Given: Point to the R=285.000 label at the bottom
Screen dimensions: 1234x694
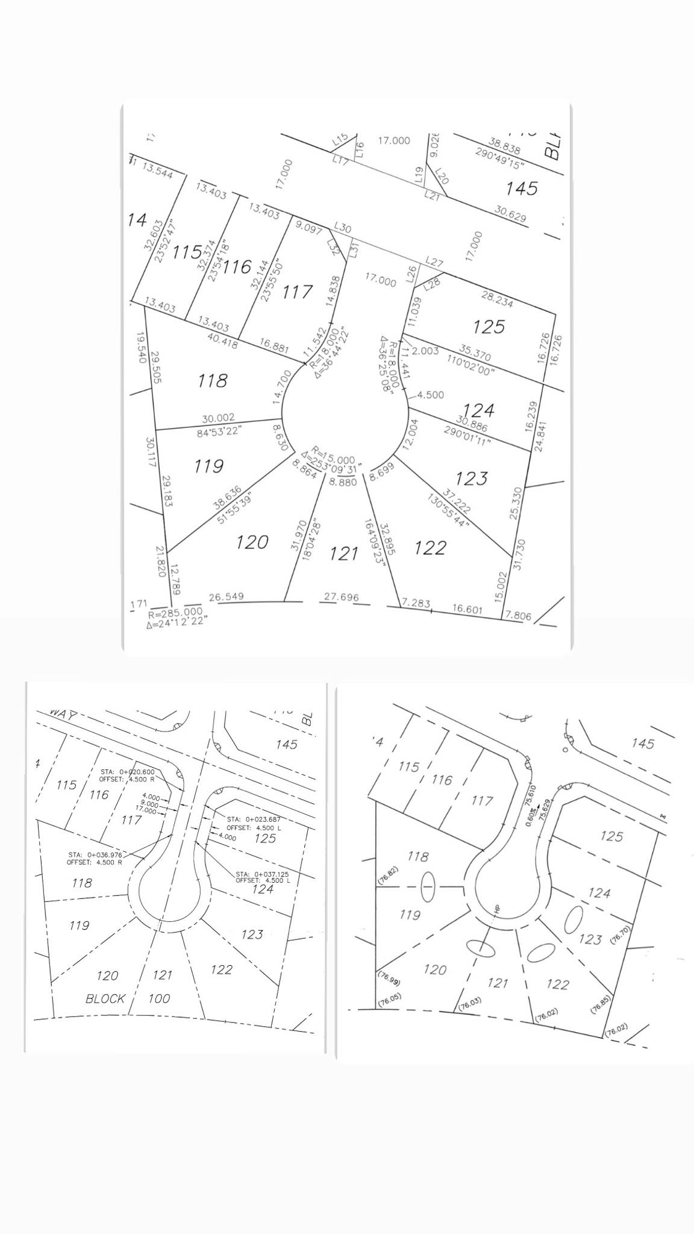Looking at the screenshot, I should pos(175,615).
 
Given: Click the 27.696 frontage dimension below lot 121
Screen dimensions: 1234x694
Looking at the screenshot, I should pos(341,597).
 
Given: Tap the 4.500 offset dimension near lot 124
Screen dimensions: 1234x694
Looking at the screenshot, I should pos(430,395).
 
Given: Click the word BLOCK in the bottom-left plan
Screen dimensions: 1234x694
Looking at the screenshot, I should pos(105,998).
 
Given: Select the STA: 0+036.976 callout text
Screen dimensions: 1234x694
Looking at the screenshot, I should pos(95,854).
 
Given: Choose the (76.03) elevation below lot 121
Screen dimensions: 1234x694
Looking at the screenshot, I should pos(469,1003).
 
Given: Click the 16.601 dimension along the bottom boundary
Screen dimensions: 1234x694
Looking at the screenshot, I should pos(467,609).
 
